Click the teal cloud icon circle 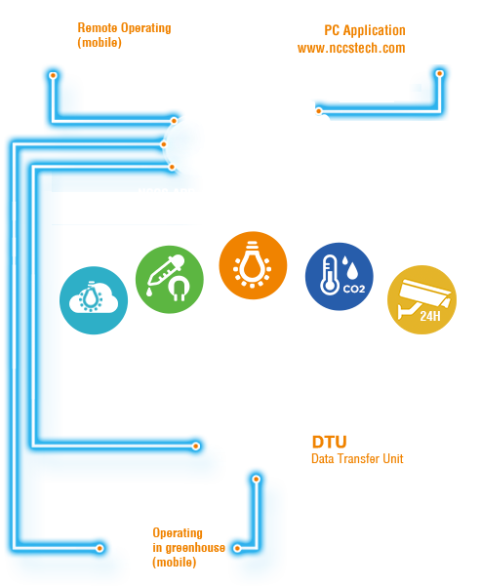coord(94,300)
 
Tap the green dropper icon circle coord(170,280)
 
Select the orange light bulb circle coord(253,265)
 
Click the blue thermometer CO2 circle coord(340,277)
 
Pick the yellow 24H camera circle coord(421,299)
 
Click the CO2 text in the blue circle coord(354,289)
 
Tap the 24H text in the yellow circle coord(430,316)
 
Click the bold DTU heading coord(329,442)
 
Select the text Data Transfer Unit coord(357,458)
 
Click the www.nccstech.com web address coord(351,48)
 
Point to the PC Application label coord(365,30)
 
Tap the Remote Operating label coord(124,28)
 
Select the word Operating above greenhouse coord(178,533)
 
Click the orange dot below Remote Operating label coord(53,75)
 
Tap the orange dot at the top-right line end coord(440,73)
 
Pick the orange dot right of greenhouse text coord(237,548)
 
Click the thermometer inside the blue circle coord(329,275)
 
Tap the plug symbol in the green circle coord(179,289)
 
